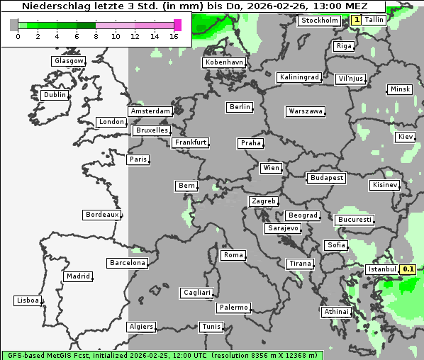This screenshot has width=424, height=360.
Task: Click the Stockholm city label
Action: click(x=319, y=21)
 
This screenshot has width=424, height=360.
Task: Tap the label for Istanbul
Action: click(x=381, y=269)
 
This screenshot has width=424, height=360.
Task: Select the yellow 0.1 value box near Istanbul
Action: click(x=408, y=269)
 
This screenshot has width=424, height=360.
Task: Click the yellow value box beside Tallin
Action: click(x=356, y=21)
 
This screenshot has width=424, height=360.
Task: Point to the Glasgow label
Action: click(x=69, y=61)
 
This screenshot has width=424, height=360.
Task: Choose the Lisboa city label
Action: click(x=28, y=300)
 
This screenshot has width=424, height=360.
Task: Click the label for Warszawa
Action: click(x=306, y=111)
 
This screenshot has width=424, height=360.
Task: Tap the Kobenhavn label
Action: click(x=224, y=62)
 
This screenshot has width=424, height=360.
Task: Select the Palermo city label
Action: click(x=233, y=308)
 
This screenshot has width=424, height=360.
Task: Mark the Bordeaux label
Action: click(x=101, y=215)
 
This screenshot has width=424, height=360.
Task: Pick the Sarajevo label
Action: click(x=283, y=228)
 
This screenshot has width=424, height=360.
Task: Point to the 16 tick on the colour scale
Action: click(x=174, y=36)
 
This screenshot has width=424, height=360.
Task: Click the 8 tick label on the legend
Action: click(x=96, y=36)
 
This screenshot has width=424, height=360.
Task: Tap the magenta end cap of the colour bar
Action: click(x=177, y=25)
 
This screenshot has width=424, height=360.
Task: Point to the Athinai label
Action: click(x=336, y=312)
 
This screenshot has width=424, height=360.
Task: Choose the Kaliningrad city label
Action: click(x=299, y=77)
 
